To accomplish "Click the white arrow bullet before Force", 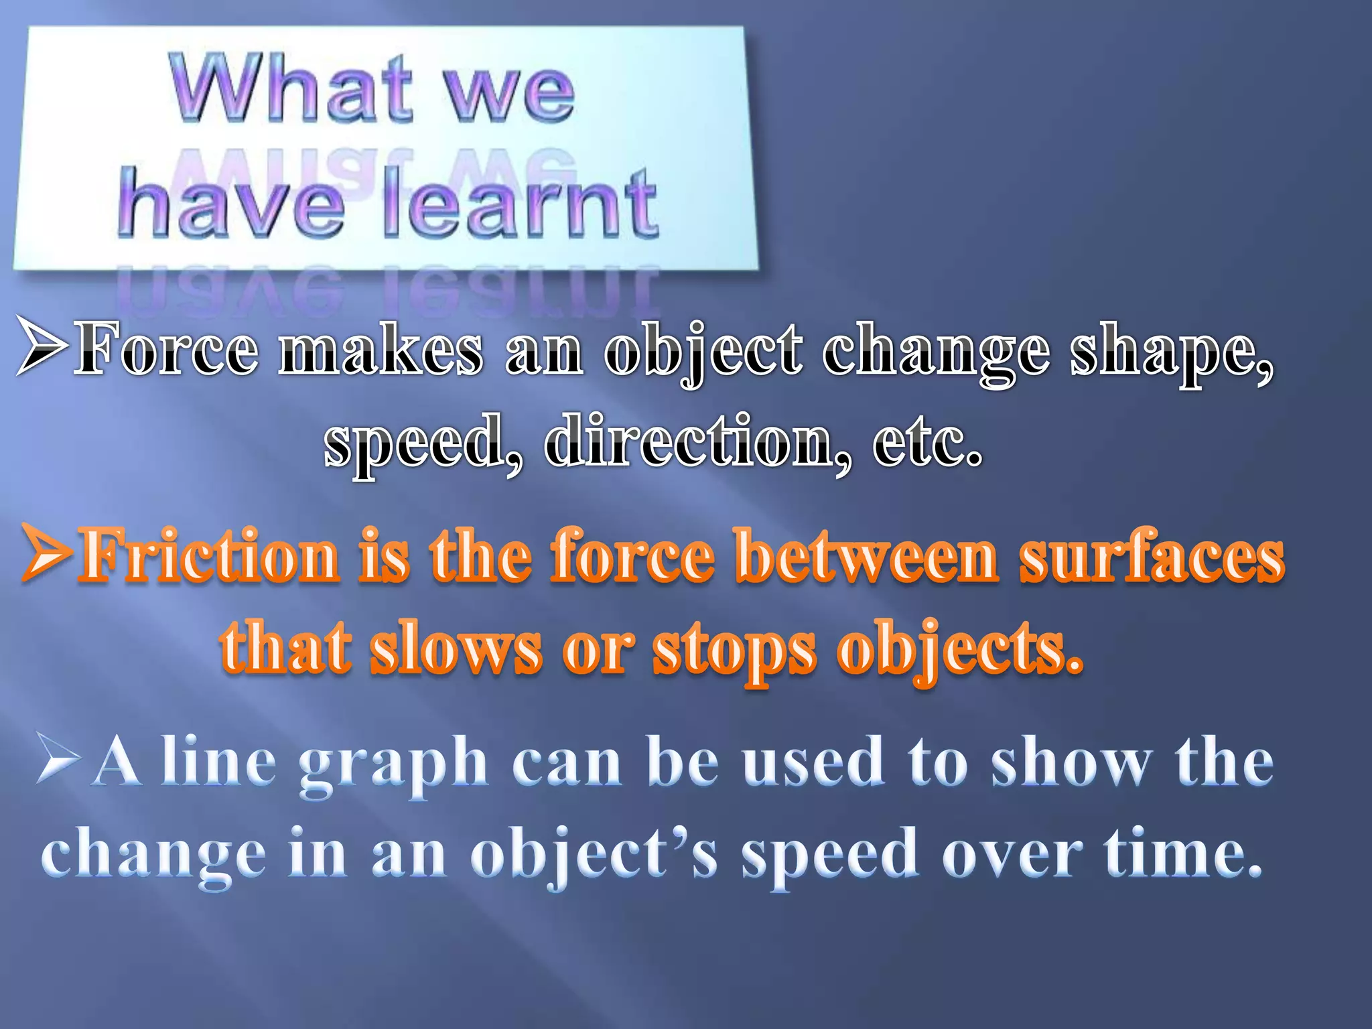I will (42, 346).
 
